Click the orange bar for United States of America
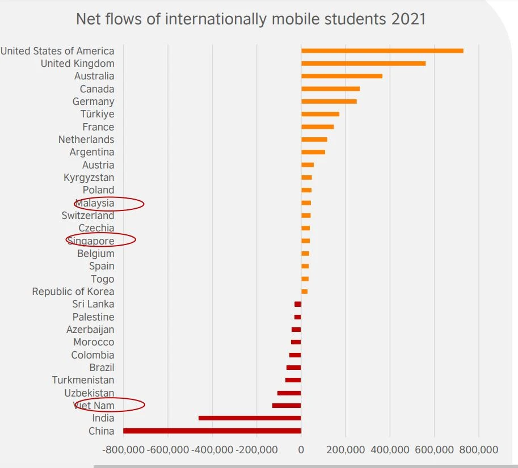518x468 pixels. [382, 51]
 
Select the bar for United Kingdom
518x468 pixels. [363, 64]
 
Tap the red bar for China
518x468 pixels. [212, 431]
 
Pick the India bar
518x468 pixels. [250, 418]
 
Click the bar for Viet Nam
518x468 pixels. [287, 406]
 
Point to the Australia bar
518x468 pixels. [342, 76]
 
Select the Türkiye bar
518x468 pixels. [320, 114]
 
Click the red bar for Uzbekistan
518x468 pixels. [289, 393]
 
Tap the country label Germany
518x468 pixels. [93, 102]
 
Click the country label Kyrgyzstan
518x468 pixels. [89, 178]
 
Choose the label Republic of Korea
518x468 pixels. [73, 292]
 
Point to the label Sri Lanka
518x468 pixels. [93, 304]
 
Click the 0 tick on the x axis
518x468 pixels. [301, 450]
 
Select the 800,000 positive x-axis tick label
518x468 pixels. [478, 450]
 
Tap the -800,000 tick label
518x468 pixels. [124, 450]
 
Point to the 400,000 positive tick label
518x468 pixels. [389, 450]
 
